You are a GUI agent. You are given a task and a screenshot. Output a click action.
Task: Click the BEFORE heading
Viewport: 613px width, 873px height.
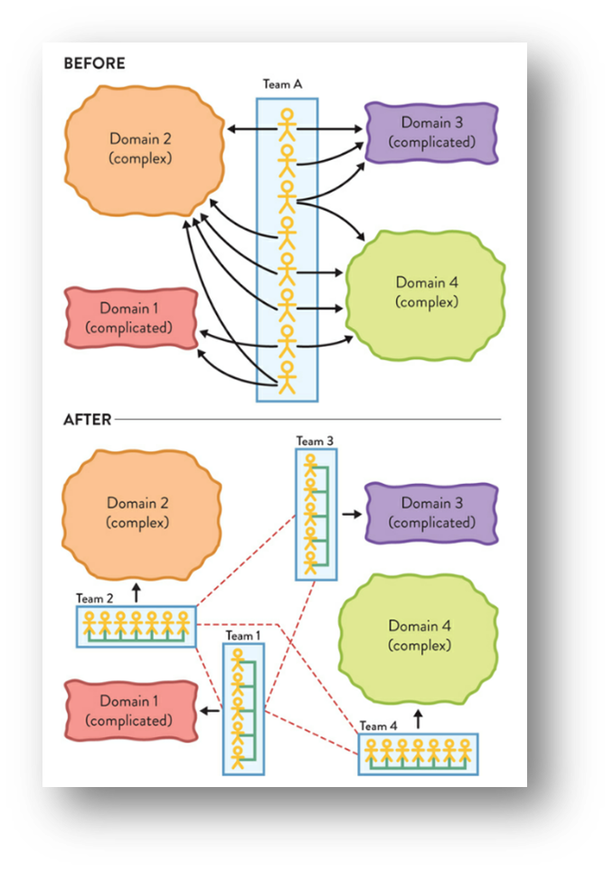(x=94, y=64)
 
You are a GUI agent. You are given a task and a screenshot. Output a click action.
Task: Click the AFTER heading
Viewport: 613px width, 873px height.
(x=87, y=420)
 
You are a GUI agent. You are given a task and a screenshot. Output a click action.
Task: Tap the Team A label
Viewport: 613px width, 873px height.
(x=282, y=84)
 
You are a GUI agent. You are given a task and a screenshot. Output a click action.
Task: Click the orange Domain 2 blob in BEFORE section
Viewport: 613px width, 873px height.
(x=141, y=149)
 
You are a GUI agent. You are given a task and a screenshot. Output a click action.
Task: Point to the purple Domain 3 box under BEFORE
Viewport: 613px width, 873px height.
(x=431, y=132)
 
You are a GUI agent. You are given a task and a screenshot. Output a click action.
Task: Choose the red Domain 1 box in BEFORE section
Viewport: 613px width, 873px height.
(x=132, y=318)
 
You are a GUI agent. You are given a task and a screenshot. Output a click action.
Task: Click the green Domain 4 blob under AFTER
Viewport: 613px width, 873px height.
(x=420, y=635)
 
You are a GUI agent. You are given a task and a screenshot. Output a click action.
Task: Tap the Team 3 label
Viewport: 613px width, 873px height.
(x=315, y=441)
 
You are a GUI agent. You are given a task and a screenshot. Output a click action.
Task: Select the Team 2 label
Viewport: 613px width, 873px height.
(x=95, y=598)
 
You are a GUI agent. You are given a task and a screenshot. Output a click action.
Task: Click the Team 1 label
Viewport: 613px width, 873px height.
(x=240, y=636)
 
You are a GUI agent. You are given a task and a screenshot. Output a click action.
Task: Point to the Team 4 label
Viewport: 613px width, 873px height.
(x=378, y=726)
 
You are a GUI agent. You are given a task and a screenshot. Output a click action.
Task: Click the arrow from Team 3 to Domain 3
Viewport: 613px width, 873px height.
(x=350, y=513)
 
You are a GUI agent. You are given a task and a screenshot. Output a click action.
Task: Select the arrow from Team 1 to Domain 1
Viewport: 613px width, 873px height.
(x=211, y=710)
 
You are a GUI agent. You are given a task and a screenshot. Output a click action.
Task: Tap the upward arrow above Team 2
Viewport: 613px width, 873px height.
(x=136, y=593)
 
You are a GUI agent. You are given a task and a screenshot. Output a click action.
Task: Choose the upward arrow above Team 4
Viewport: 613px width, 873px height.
(x=418, y=719)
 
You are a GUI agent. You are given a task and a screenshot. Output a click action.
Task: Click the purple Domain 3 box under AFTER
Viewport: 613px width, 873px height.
(x=431, y=513)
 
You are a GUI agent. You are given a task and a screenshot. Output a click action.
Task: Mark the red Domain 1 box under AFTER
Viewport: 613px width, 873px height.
(x=132, y=710)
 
